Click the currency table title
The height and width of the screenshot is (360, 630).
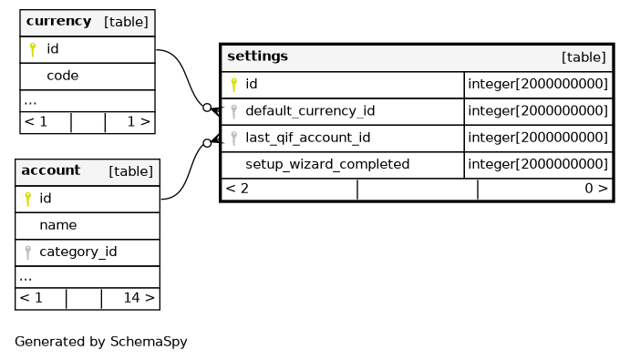point(58,21)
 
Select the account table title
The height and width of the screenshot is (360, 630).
point(51,170)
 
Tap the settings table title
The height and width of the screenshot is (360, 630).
point(257,57)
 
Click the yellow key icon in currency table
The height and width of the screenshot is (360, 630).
point(33,49)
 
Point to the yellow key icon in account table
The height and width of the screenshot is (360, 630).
point(27,199)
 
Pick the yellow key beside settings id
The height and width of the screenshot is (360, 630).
point(233,85)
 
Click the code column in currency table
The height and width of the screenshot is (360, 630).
point(63,76)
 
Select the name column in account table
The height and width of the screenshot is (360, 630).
point(57,225)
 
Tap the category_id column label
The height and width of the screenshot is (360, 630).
point(77,252)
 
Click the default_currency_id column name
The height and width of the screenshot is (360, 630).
point(310,111)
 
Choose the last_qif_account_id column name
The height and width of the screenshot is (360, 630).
point(308,138)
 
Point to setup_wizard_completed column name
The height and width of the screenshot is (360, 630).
point(327,164)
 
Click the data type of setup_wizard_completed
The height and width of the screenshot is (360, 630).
point(538,164)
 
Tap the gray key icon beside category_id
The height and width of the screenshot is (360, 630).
point(27,252)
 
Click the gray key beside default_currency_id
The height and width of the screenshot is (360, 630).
point(233,111)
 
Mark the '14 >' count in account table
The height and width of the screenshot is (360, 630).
point(139,298)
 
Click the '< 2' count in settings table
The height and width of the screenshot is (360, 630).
point(237,189)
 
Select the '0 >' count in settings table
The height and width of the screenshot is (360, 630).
point(596,189)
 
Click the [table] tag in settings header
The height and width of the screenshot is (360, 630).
point(584,57)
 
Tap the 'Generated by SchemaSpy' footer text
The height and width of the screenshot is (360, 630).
point(101,342)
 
